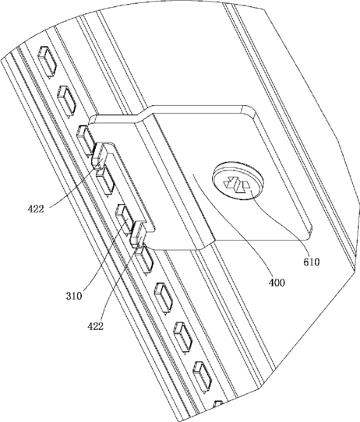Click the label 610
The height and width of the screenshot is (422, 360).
(311, 262)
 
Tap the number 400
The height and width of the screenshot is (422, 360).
(277, 283)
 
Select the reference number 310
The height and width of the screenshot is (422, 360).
(74, 296)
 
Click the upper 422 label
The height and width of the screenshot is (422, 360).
(36, 209)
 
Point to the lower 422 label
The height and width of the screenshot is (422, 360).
(95, 326)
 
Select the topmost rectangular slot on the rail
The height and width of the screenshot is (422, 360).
(48, 61)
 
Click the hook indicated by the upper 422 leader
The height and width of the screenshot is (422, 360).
(99, 155)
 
